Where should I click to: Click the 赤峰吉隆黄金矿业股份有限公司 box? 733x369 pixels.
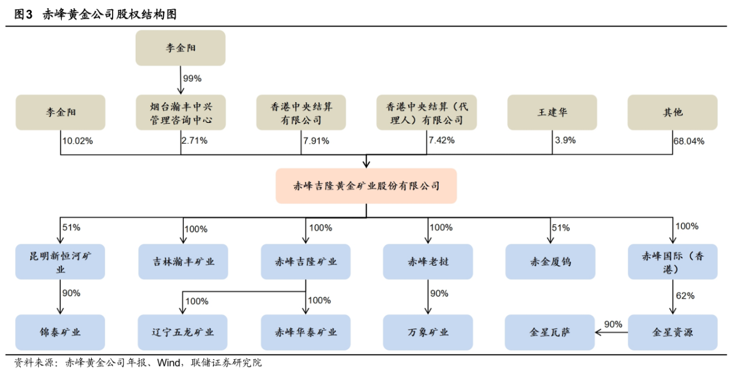[x=366, y=186]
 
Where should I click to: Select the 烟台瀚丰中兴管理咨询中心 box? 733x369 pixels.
[x=180, y=113]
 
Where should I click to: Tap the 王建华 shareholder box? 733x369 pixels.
[x=552, y=113]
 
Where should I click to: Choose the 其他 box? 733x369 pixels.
[x=672, y=113]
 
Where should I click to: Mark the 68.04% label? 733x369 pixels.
[x=689, y=141]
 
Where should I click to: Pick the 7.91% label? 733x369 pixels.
[x=315, y=140]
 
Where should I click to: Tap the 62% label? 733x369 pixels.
[x=685, y=296]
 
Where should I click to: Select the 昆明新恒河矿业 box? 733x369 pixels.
[x=60, y=262]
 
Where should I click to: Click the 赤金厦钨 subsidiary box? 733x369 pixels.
[x=550, y=262]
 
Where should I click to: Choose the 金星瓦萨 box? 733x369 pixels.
[x=550, y=332]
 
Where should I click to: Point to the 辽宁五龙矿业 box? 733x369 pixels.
[x=183, y=332]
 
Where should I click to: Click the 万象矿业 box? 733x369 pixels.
[x=427, y=332]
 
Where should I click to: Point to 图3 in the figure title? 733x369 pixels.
[x=23, y=15]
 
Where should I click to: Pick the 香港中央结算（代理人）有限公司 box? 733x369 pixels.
[x=427, y=113]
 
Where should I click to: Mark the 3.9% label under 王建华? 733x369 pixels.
[x=565, y=140]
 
